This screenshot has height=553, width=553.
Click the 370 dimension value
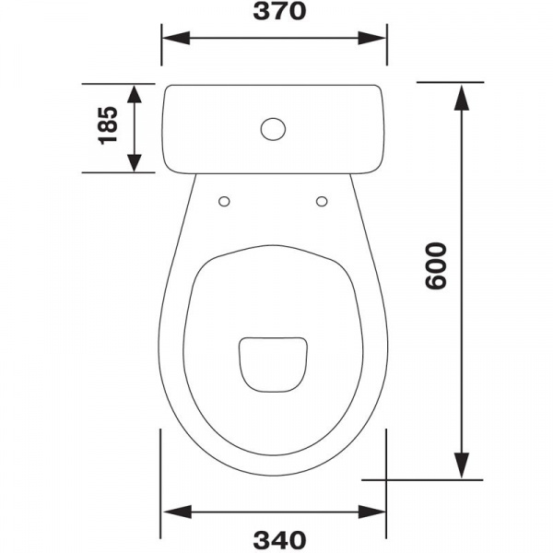[x=279, y=11]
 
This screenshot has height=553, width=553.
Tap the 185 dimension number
[x=108, y=125]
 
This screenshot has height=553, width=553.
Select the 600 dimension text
[x=436, y=265]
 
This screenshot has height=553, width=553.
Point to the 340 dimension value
[x=279, y=540]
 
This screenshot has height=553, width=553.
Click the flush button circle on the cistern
[x=274, y=129]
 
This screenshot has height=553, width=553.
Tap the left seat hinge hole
[x=224, y=202]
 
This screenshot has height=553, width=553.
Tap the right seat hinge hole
[x=322, y=201]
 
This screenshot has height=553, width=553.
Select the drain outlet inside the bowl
[x=274, y=365]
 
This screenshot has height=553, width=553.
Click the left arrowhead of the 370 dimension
[x=176, y=38]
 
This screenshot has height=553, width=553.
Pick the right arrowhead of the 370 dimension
[x=372, y=38]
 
